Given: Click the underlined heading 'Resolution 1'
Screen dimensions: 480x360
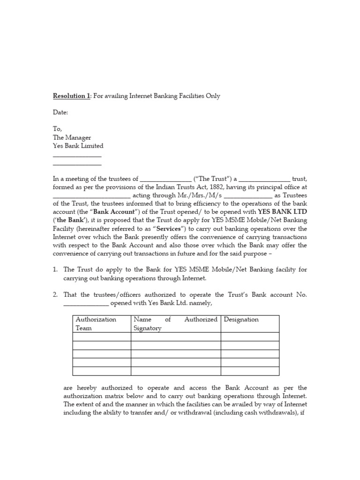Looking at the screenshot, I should pyautogui.click(x=71, y=96).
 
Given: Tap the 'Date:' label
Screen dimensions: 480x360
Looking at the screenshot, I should pyautogui.click(x=60, y=112).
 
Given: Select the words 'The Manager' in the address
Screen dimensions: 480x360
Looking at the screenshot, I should pyautogui.click(x=72, y=137).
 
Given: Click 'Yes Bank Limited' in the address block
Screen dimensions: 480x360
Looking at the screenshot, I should pyautogui.click(x=77, y=146).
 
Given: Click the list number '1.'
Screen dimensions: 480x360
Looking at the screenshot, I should pyautogui.click(x=55, y=269).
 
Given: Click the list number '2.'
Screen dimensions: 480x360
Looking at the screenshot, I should pyautogui.click(x=55, y=294).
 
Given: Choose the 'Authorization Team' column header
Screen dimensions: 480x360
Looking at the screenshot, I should pyautogui.click(x=96, y=323).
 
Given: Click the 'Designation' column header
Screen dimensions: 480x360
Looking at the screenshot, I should pyautogui.click(x=241, y=319).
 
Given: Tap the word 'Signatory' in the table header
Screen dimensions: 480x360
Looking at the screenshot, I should pyautogui.click(x=147, y=328).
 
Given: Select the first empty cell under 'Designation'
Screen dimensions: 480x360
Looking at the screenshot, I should pyautogui.click(x=249, y=337).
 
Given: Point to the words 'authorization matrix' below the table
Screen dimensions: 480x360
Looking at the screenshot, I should pyautogui.click(x=91, y=396).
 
